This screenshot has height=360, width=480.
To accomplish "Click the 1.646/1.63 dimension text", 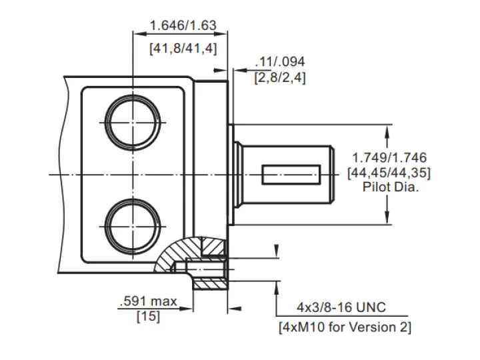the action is coord(183,25).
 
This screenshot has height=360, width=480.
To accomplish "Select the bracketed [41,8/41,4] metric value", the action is coord(183,49).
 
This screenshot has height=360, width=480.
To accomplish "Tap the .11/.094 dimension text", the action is coord(280,62).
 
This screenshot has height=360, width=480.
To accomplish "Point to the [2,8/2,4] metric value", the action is coord(280,77).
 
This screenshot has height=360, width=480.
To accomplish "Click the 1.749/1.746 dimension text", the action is coord(389,157).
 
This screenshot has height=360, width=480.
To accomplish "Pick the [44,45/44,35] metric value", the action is coord(389,173).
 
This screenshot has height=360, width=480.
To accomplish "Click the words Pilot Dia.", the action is coord(391,187).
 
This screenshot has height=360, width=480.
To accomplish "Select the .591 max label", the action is coord(149,301).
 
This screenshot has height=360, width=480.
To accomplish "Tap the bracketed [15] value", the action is coord(149,316).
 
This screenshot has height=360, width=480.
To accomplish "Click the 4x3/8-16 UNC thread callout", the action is coord(341,307).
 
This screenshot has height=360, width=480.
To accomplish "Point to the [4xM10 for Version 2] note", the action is coord(345,327).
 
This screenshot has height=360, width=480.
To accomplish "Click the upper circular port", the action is coord(133,96).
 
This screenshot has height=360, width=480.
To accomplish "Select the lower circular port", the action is coord(133,199).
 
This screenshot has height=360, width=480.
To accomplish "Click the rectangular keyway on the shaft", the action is coord(291,175).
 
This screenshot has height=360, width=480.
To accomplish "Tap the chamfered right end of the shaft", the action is coord(332,175).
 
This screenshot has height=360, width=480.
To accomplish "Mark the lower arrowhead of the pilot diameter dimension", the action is coord(387,217).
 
